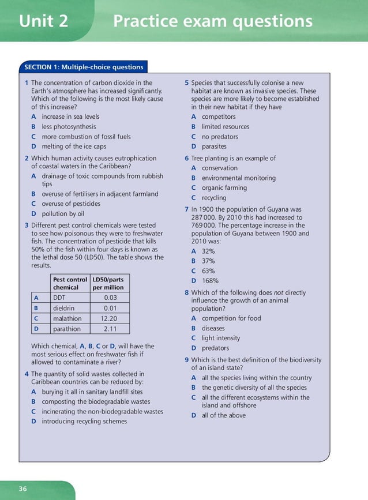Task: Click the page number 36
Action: [x=22, y=488]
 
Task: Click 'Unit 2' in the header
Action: [x=43, y=21]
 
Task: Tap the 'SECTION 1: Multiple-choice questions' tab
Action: [x=83, y=66]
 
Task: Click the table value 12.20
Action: [x=109, y=318]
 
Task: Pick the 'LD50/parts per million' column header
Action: [x=108, y=283]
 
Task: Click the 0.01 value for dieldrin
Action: [x=110, y=308]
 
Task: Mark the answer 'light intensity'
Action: [x=220, y=338]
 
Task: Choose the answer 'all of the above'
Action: [x=223, y=415]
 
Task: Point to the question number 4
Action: [x=27, y=374]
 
